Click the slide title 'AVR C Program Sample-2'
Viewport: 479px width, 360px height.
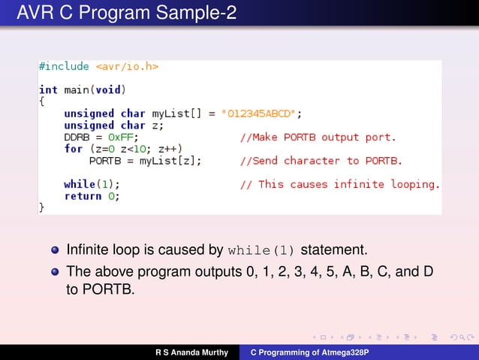point(121,13)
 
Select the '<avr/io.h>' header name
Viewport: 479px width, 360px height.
point(126,66)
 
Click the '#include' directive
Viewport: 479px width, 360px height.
point(64,66)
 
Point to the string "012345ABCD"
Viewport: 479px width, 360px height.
point(260,113)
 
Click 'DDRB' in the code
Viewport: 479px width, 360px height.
point(77,137)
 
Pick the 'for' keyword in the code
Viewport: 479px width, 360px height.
point(73,149)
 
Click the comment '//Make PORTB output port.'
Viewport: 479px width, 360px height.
point(318,137)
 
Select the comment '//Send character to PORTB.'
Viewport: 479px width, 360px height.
point(321,160)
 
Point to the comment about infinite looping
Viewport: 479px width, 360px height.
point(339,183)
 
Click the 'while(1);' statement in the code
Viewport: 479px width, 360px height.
point(92,183)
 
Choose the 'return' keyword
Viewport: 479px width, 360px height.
point(83,195)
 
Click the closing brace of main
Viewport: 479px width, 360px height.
point(42,207)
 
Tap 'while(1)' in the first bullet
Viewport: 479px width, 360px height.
point(263,250)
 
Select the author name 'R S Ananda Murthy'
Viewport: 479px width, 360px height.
point(191,352)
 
